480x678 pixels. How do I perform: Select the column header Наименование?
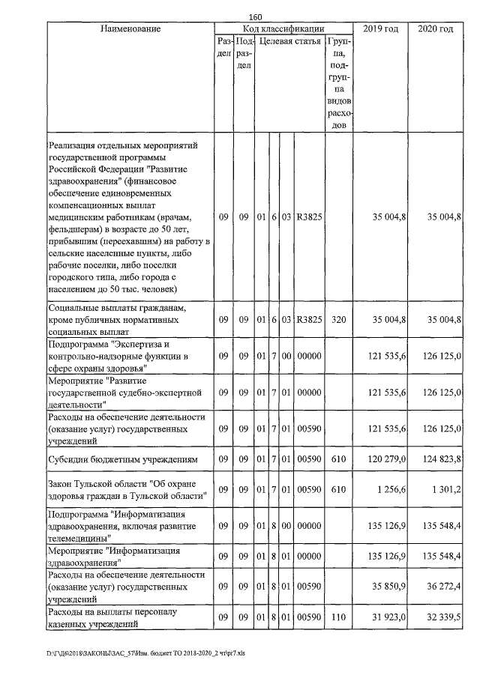pos(130,29)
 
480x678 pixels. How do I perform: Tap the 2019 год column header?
pos(380,29)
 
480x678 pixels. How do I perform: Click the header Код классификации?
pos(283,29)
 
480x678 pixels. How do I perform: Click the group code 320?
pos(338,318)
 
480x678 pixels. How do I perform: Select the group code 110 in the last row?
pos(338,617)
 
